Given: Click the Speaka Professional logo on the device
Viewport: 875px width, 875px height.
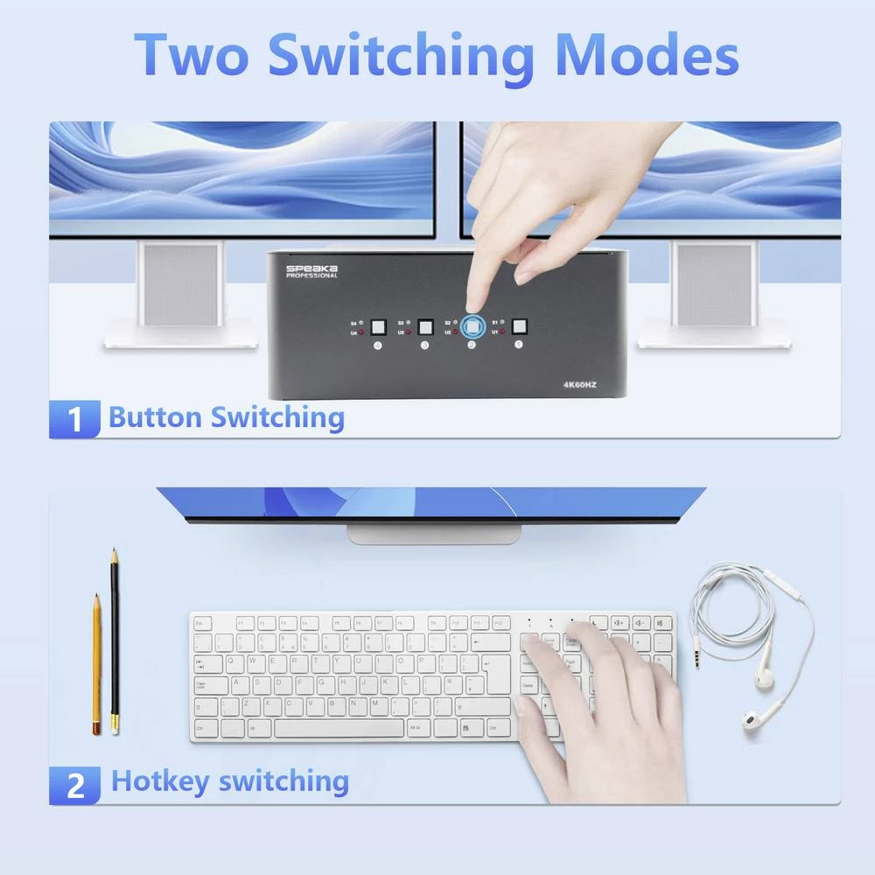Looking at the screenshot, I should pyautogui.click(x=311, y=269).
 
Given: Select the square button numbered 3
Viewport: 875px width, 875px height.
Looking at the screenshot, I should pyautogui.click(x=426, y=327).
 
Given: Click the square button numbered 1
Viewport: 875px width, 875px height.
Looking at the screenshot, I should pyautogui.click(x=519, y=327).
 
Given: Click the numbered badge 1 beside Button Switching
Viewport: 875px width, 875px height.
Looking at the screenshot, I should pyautogui.click(x=76, y=418).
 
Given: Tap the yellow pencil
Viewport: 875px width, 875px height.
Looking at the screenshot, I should pyautogui.click(x=96, y=663).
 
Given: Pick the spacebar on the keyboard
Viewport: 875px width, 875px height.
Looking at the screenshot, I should pyautogui.click(x=339, y=727).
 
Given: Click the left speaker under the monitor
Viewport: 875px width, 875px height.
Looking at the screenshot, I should pyautogui.click(x=180, y=284).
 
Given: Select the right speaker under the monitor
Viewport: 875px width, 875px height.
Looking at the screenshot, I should pyautogui.click(x=713, y=284).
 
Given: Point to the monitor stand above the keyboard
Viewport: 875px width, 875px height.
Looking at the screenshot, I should pyautogui.click(x=433, y=533).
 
